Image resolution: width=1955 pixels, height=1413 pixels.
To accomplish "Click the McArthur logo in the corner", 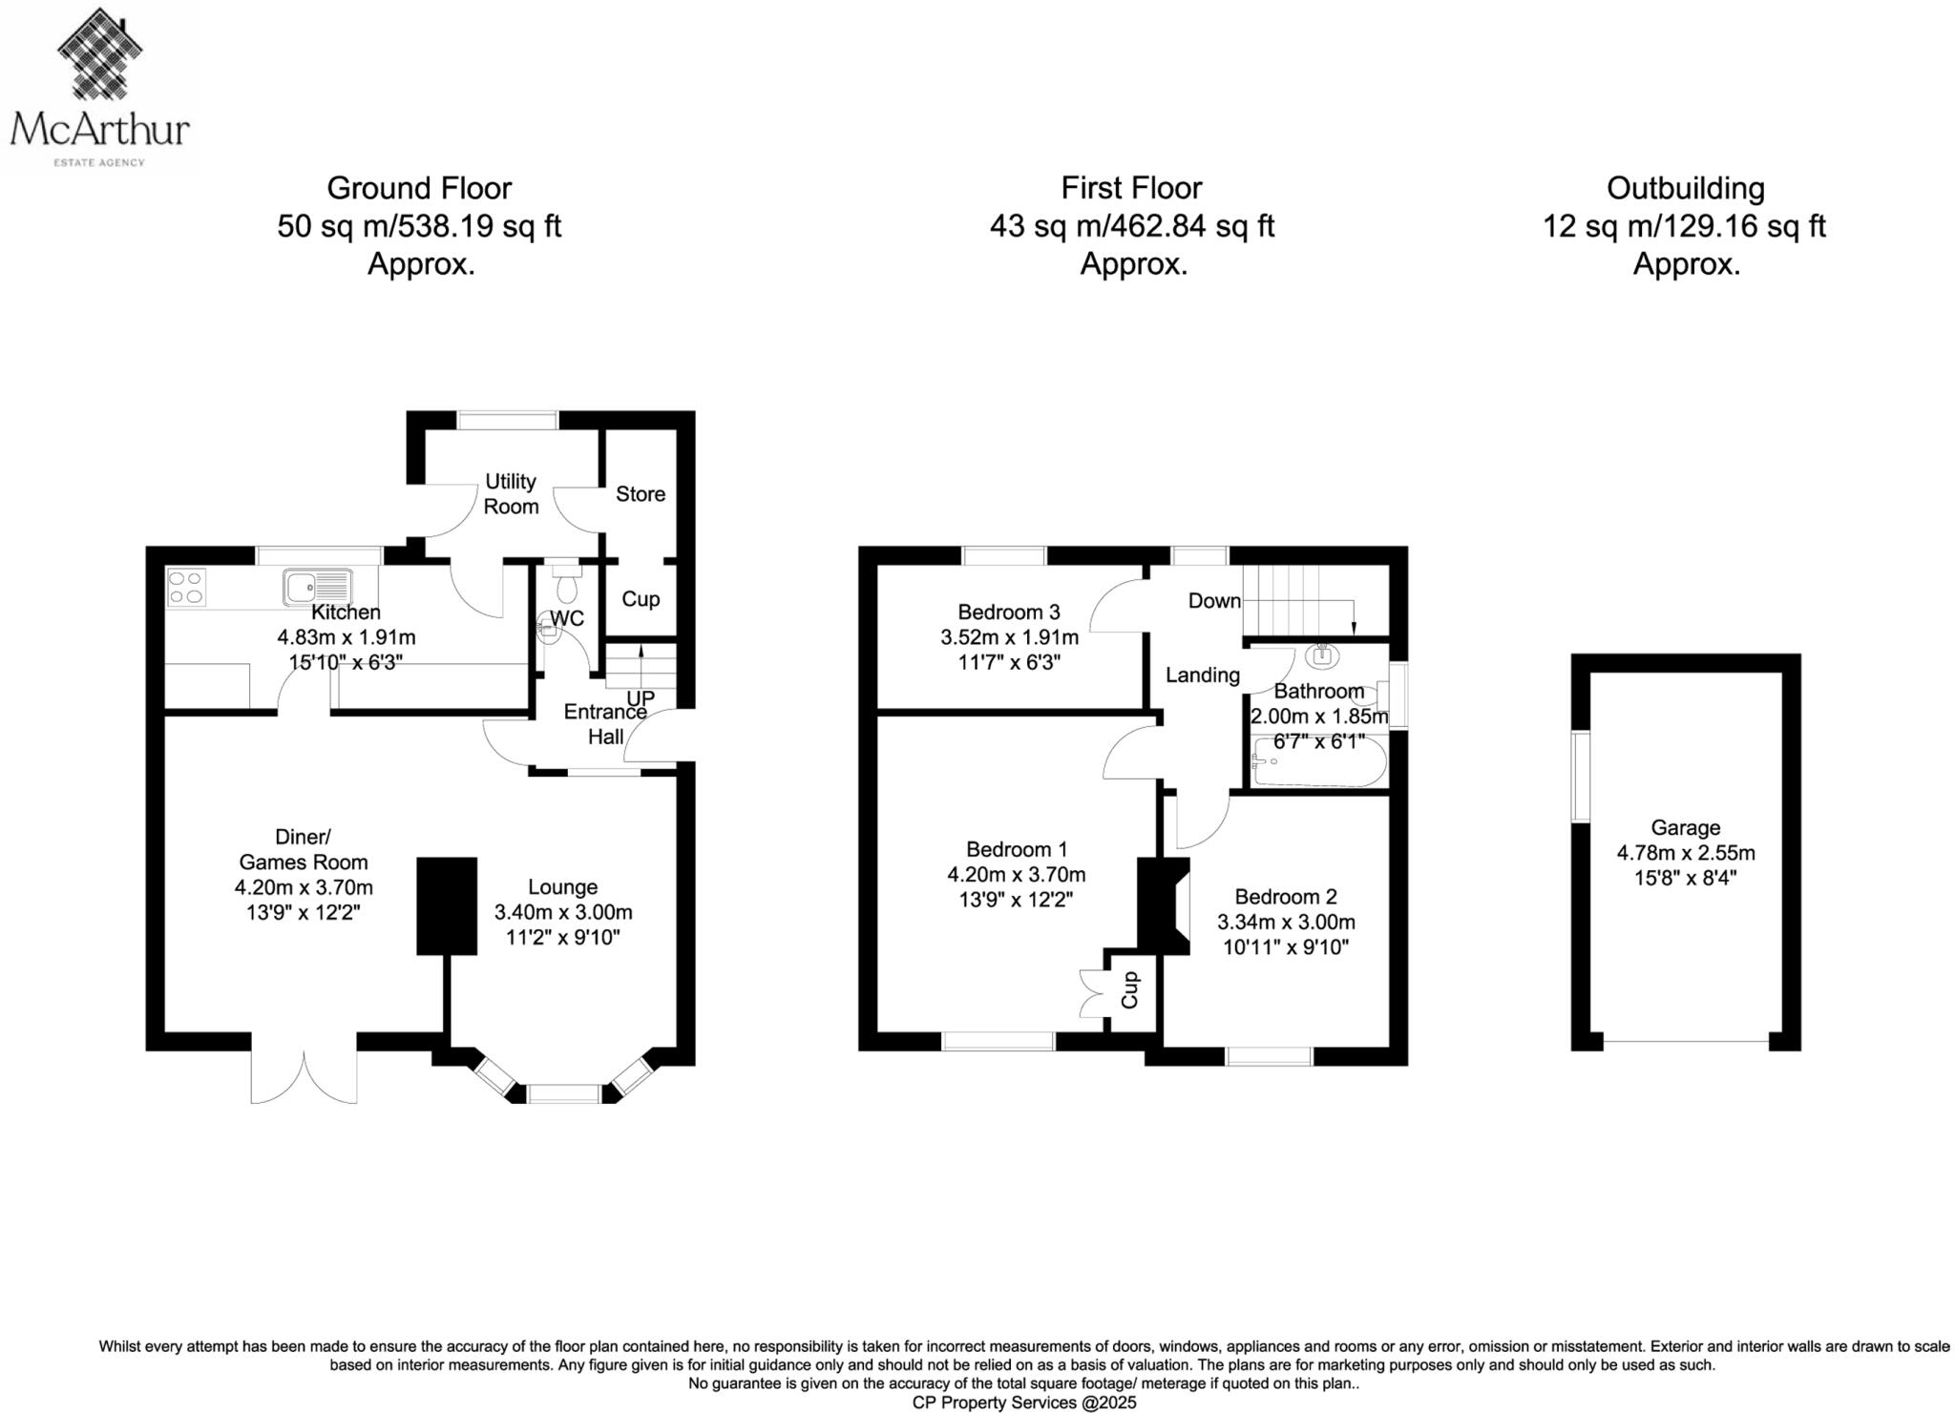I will pos(99,88).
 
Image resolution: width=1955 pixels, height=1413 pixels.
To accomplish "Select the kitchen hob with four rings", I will pos(185,586).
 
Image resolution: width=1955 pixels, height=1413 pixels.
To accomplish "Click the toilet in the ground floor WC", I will pos(566,585).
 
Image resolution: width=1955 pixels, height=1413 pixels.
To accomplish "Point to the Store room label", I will pos(640,493).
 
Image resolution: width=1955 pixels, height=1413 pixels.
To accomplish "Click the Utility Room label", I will pos(510,493).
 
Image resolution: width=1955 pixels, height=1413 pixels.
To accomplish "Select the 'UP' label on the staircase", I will pos(640,698).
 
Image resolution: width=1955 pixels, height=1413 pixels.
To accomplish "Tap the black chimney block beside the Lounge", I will pos(446,904).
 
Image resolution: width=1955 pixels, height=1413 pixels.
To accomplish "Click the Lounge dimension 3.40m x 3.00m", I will pos(562,912).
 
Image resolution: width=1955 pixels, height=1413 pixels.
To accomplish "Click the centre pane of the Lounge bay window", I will pos(563,1093).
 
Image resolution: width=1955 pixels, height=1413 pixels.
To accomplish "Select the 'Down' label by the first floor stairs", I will pos(1213,600).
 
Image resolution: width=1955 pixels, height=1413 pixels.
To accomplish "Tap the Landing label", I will pos(1202,675).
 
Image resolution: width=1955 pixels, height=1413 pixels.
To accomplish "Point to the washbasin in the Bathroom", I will pos(1322,655).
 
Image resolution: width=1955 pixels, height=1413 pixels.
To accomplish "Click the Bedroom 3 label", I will pos(1008,612).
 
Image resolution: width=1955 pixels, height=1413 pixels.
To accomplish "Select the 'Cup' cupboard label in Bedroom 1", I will pos(1129,989).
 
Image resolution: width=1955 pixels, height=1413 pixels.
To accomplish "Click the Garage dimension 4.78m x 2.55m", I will pos(1685,853).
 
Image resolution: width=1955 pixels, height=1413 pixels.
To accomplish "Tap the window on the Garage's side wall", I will pos(1581,775).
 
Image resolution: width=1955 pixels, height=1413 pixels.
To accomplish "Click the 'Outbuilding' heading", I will pos(1685,188).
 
